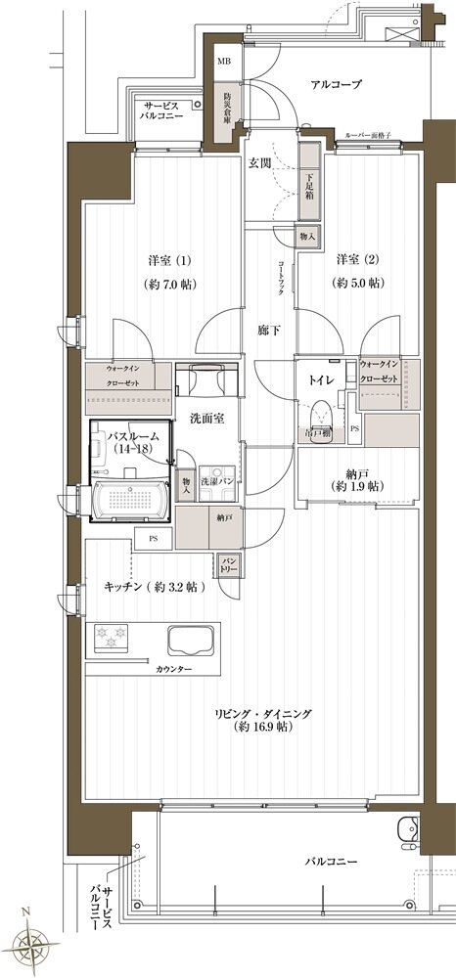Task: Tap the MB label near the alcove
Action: (224, 62)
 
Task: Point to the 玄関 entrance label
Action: (259, 161)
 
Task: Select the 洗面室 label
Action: (206, 418)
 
